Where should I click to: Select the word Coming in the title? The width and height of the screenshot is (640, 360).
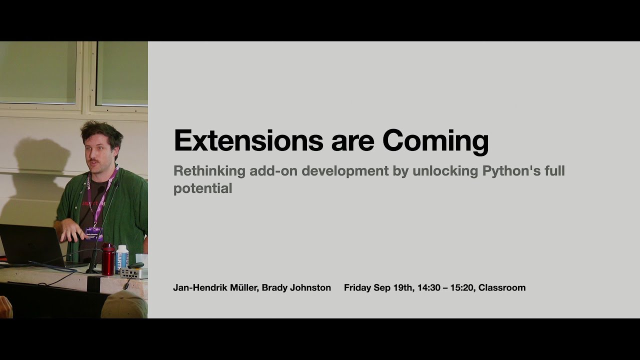tap(435, 141)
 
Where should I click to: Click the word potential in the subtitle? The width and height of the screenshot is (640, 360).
tap(202, 188)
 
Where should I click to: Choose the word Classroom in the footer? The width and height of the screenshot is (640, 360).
tap(502, 287)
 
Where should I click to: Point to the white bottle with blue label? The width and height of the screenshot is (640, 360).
tap(122, 258)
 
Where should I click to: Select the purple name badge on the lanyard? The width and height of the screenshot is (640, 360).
tap(93, 232)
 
